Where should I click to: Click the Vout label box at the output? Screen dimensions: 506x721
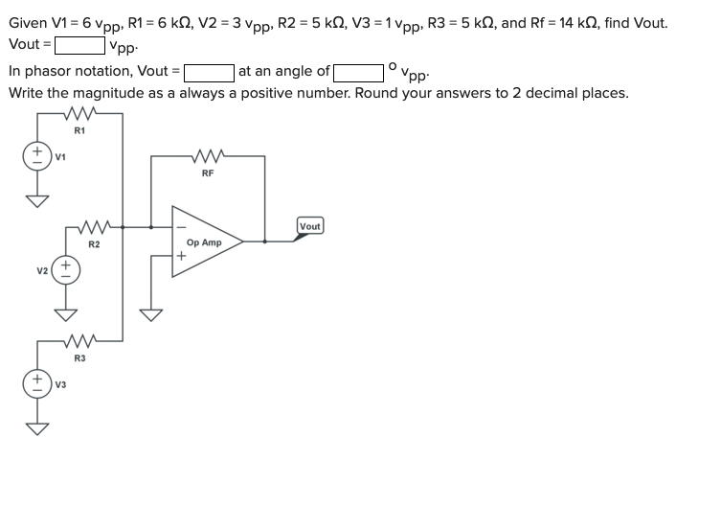pos(310,227)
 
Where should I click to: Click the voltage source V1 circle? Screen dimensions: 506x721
pos(38,154)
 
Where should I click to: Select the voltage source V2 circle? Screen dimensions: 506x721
pos(66,269)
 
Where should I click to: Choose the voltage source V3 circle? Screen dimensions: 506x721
pos(38,381)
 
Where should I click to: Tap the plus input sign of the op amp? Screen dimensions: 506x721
pos(180,257)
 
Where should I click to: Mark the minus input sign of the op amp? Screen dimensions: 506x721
pos(180,227)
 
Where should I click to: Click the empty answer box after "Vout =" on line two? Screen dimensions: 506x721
pos(79,44)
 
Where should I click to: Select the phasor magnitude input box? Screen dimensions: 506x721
pos(209,70)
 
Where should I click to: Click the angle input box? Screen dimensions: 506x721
pos(360,70)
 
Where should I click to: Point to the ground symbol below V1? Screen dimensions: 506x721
pos(38,198)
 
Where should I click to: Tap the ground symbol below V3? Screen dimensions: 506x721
pos(38,425)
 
